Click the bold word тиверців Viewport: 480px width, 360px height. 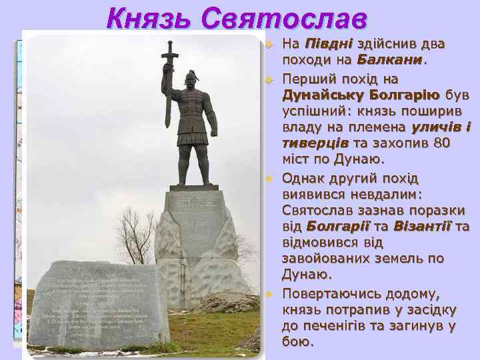click(309, 143)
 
